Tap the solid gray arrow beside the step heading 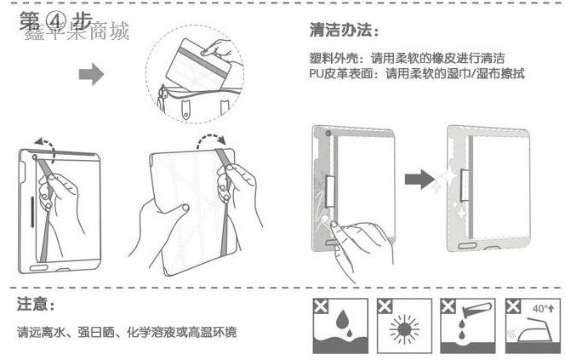(92, 75)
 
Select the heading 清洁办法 (340, 31)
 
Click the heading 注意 (36, 304)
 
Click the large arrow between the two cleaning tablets (417, 180)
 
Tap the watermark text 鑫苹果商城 (77, 33)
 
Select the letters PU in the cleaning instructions (317, 74)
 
